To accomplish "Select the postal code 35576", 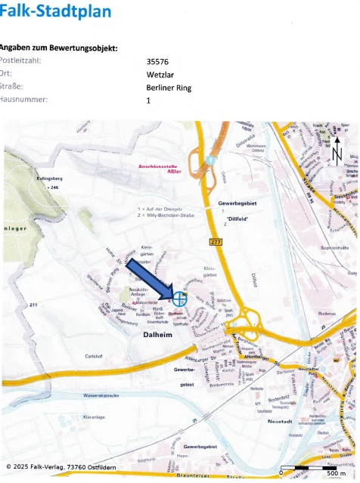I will pyautogui.click(x=159, y=62).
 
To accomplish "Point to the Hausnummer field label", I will pyautogui.click(x=25, y=100).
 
